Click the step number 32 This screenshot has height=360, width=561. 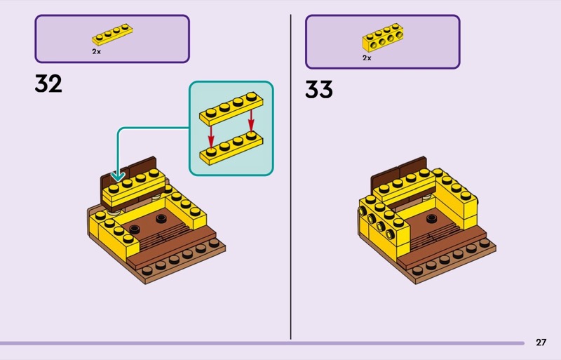point(48,84)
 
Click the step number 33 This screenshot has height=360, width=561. point(319,89)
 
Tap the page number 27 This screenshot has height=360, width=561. point(541,342)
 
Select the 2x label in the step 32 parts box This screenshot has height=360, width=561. point(96,52)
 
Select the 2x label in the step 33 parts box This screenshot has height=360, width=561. point(367,58)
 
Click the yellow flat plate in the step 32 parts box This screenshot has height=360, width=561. point(112,34)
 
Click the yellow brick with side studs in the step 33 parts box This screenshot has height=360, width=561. point(383,38)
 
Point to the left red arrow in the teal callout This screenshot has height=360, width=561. point(211,136)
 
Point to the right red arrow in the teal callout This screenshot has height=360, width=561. point(251,121)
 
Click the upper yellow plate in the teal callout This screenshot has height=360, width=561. point(231,109)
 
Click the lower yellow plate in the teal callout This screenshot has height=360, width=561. point(231,147)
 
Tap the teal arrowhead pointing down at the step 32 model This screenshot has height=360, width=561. point(118,176)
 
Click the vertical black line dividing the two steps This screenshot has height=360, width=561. point(290,177)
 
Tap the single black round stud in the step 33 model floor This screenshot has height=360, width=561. point(432,218)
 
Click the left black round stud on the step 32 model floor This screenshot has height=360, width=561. point(134,229)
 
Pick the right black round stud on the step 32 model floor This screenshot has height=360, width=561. point(161,218)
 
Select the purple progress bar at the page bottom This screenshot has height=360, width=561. point(262,343)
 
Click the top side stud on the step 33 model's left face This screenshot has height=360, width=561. point(363,212)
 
